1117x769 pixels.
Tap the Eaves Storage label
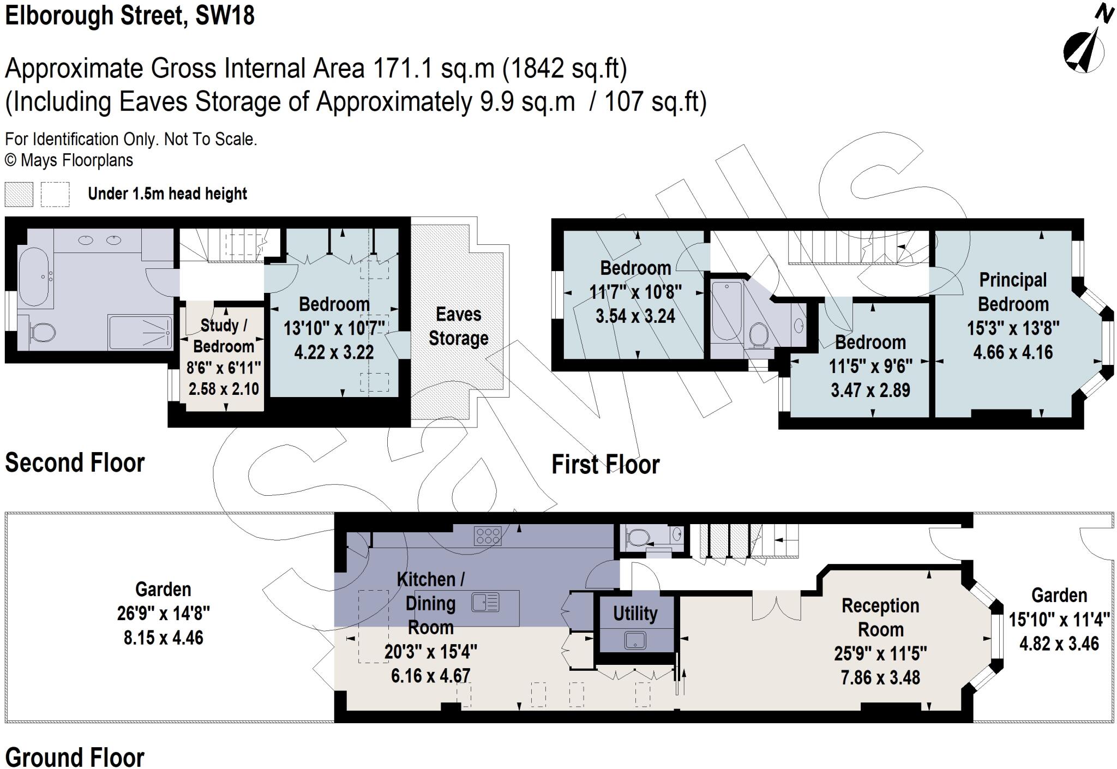click(x=458, y=326)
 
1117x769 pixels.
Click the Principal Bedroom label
click(x=1013, y=292)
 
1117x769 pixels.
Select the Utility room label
click(x=635, y=614)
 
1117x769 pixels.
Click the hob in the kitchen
click(x=488, y=535)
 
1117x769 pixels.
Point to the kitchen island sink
click(x=485, y=603)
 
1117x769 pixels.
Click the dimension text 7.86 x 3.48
click(x=880, y=677)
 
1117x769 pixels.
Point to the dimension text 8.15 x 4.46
click(x=163, y=638)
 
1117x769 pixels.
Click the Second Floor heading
click(x=75, y=463)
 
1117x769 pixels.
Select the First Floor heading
click(x=605, y=465)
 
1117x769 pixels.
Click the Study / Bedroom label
click(x=224, y=336)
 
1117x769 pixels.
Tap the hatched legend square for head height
click(x=19, y=194)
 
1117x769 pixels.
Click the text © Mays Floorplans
click(x=69, y=160)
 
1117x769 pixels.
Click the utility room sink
click(x=635, y=640)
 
